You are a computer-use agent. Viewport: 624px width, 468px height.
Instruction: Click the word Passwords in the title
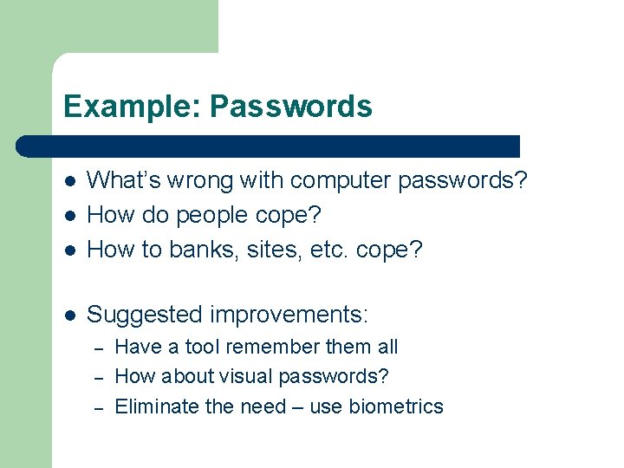pyautogui.click(x=291, y=107)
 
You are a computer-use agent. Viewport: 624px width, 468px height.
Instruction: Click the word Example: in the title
pyautogui.click(x=133, y=107)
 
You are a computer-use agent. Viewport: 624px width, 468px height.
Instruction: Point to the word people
pyautogui.click(x=233, y=214)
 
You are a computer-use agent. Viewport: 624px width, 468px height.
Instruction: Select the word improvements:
pyautogui.click(x=295, y=314)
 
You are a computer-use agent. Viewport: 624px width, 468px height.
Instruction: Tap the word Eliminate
pyautogui.click(x=156, y=406)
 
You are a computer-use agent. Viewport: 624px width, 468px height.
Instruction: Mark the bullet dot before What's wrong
pyautogui.click(x=70, y=181)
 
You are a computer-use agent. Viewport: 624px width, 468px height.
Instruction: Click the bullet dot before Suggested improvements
pyautogui.click(x=70, y=315)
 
